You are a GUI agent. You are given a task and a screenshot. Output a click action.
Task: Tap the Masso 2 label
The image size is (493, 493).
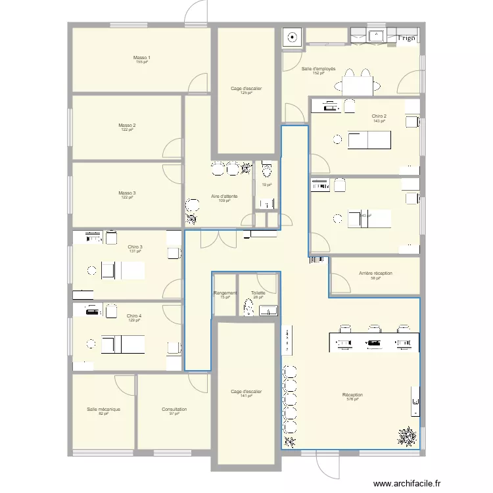[127, 125]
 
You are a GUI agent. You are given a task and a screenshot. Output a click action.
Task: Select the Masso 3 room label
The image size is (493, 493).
[127, 193]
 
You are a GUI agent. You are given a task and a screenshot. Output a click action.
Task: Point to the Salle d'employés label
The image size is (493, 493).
[319, 69]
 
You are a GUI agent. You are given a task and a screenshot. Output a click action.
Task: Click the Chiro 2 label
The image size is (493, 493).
[379, 116]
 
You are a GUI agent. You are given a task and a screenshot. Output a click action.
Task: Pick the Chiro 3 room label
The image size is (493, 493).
[135, 247]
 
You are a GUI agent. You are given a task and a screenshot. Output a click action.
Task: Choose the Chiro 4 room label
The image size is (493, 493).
[134, 316]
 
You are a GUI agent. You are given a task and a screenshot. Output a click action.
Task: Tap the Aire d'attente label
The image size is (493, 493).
[224, 197]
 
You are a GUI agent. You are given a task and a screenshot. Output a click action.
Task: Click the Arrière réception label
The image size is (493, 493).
[376, 273]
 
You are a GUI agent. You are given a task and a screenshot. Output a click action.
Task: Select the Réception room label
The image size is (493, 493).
[352, 395]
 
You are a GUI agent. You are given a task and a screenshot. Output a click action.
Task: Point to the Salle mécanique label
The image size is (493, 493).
[103, 410]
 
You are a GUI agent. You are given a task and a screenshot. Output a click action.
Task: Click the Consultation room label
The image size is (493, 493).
[174, 410]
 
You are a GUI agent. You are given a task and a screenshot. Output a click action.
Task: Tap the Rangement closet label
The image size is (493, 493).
[225, 293]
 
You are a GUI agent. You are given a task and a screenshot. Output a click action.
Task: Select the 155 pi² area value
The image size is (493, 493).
[140, 62]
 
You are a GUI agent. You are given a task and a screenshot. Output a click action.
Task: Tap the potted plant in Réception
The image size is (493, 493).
[408, 435]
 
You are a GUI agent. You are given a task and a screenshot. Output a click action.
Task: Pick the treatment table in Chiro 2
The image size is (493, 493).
[369, 139]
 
